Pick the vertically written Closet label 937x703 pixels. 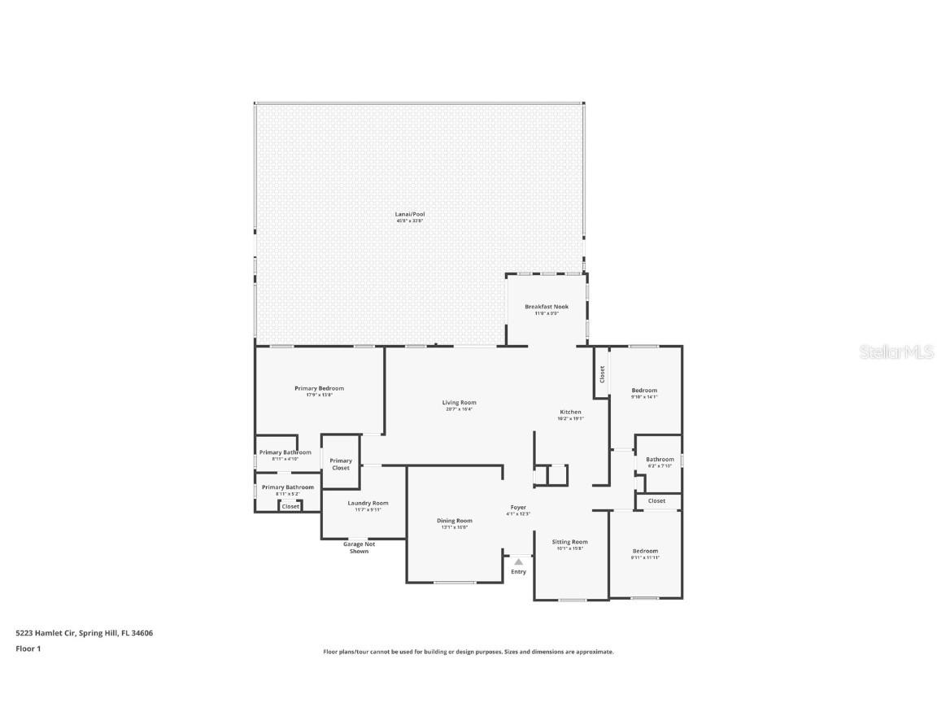point(602,374)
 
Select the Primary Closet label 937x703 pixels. point(341,464)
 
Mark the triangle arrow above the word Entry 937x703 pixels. point(518,561)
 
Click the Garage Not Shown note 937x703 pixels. point(359,548)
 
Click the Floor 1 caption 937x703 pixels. point(28,648)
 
